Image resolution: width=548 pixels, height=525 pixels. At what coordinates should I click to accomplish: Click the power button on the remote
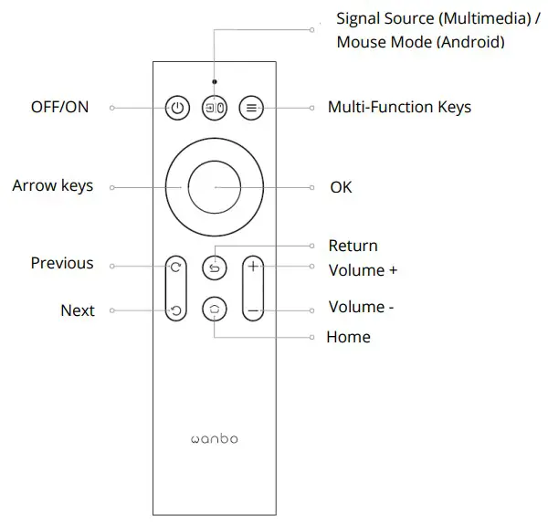pos(177,108)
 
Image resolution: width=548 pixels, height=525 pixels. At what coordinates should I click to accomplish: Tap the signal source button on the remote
pos(215,108)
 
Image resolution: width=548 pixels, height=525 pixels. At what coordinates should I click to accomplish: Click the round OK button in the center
pos(215,186)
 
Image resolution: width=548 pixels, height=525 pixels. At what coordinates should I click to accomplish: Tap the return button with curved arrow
pos(215,268)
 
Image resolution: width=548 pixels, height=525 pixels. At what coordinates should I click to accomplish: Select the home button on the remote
pos(215,310)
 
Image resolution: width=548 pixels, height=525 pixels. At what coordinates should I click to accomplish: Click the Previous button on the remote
pos(176,268)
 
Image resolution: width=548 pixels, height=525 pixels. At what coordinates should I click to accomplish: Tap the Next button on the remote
pos(176,310)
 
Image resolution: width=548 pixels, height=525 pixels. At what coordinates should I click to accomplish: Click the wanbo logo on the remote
pos(214,439)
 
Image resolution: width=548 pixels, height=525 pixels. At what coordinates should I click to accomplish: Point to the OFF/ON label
pos(59,108)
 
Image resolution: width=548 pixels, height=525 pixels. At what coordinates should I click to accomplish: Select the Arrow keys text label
pos(53,186)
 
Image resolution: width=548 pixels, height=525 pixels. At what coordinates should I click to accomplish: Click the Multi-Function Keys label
pos(399,108)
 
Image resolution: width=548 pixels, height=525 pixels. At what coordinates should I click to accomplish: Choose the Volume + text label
pos(363,270)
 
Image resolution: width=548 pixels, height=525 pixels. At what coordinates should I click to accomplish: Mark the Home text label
pos(348,338)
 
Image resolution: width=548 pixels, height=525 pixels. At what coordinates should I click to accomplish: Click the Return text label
pos(353,246)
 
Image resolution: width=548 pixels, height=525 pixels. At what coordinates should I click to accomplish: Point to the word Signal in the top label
pos(360,19)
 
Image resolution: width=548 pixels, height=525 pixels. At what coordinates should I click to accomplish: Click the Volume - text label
pos(361,308)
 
